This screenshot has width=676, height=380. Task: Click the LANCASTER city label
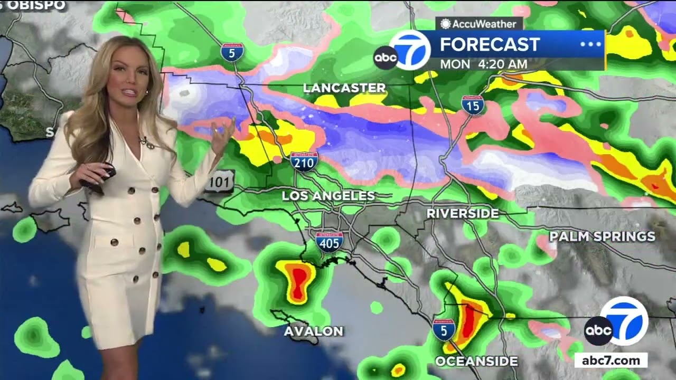[x=344, y=88]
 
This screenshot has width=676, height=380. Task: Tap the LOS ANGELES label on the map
[x=328, y=196]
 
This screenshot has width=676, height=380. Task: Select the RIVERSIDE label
[x=463, y=214]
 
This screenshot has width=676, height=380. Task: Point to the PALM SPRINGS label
[x=602, y=236]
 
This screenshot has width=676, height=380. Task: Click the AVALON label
[x=314, y=331]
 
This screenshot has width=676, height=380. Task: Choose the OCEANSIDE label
[x=476, y=362]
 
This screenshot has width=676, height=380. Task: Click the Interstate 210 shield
[x=304, y=161]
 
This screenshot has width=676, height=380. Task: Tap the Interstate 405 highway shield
[x=330, y=241]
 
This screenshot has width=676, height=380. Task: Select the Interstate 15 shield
[x=473, y=105]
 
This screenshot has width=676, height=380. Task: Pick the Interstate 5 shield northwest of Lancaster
[x=232, y=52]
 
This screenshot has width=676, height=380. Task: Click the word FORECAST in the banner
[x=490, y=45]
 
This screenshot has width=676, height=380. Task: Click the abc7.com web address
[x=611, y=361]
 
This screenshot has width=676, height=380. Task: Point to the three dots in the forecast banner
[x=590, y=44]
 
